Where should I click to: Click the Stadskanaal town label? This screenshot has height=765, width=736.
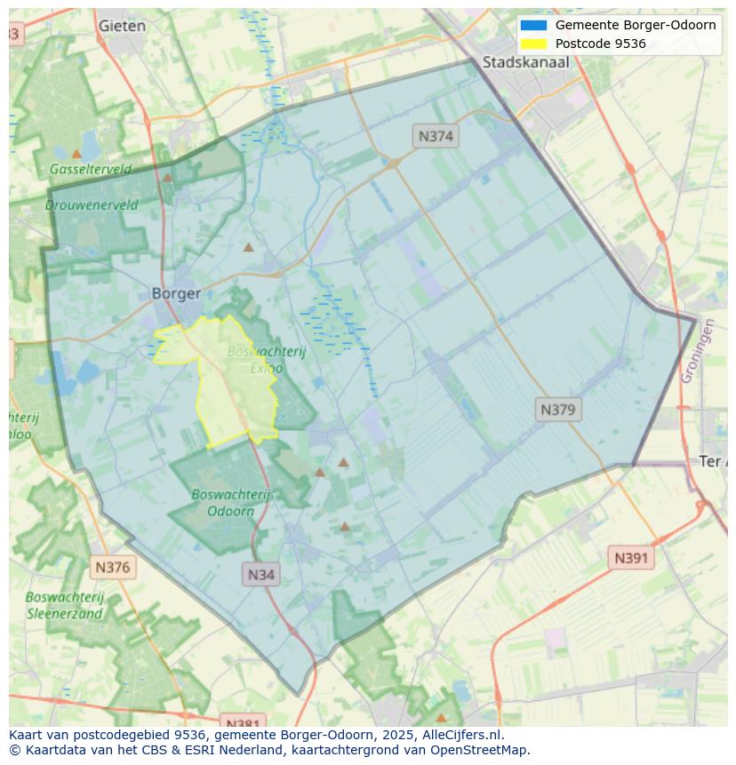525,62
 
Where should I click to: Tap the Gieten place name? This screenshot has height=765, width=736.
122,26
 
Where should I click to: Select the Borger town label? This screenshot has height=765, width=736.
176,293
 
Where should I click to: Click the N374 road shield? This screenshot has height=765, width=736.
436,136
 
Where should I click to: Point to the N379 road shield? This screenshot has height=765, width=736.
558,410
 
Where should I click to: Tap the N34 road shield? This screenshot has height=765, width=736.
260,574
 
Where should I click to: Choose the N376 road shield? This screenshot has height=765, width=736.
113,567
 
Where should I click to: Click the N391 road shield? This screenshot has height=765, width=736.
631,558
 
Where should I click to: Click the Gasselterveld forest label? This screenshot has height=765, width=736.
91,169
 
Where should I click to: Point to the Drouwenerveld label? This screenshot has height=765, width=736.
92,205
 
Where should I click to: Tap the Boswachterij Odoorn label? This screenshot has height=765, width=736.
231,502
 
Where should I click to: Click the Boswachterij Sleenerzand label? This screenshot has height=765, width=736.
65,605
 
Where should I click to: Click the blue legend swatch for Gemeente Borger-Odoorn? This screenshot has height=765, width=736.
533,25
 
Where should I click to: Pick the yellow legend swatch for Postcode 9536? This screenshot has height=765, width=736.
533,44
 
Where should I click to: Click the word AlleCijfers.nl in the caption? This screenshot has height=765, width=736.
463,735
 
